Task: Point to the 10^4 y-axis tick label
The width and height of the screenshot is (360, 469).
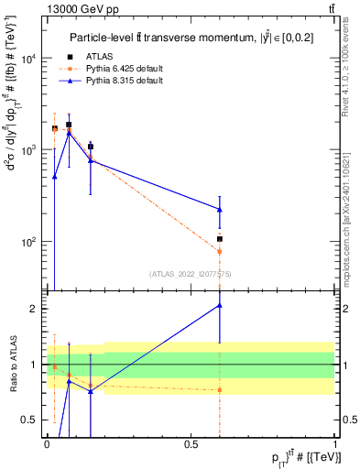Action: point(29,59)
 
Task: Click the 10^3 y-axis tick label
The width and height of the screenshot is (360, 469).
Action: point(29,150)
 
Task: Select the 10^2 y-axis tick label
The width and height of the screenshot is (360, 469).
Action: point(29,242)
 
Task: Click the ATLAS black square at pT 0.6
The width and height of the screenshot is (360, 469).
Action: point(220,239)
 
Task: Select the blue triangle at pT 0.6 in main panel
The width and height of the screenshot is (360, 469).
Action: point(220,209)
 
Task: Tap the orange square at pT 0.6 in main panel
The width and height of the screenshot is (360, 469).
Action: point(220,251)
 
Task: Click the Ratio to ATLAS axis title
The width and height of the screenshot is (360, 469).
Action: point(12,365)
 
